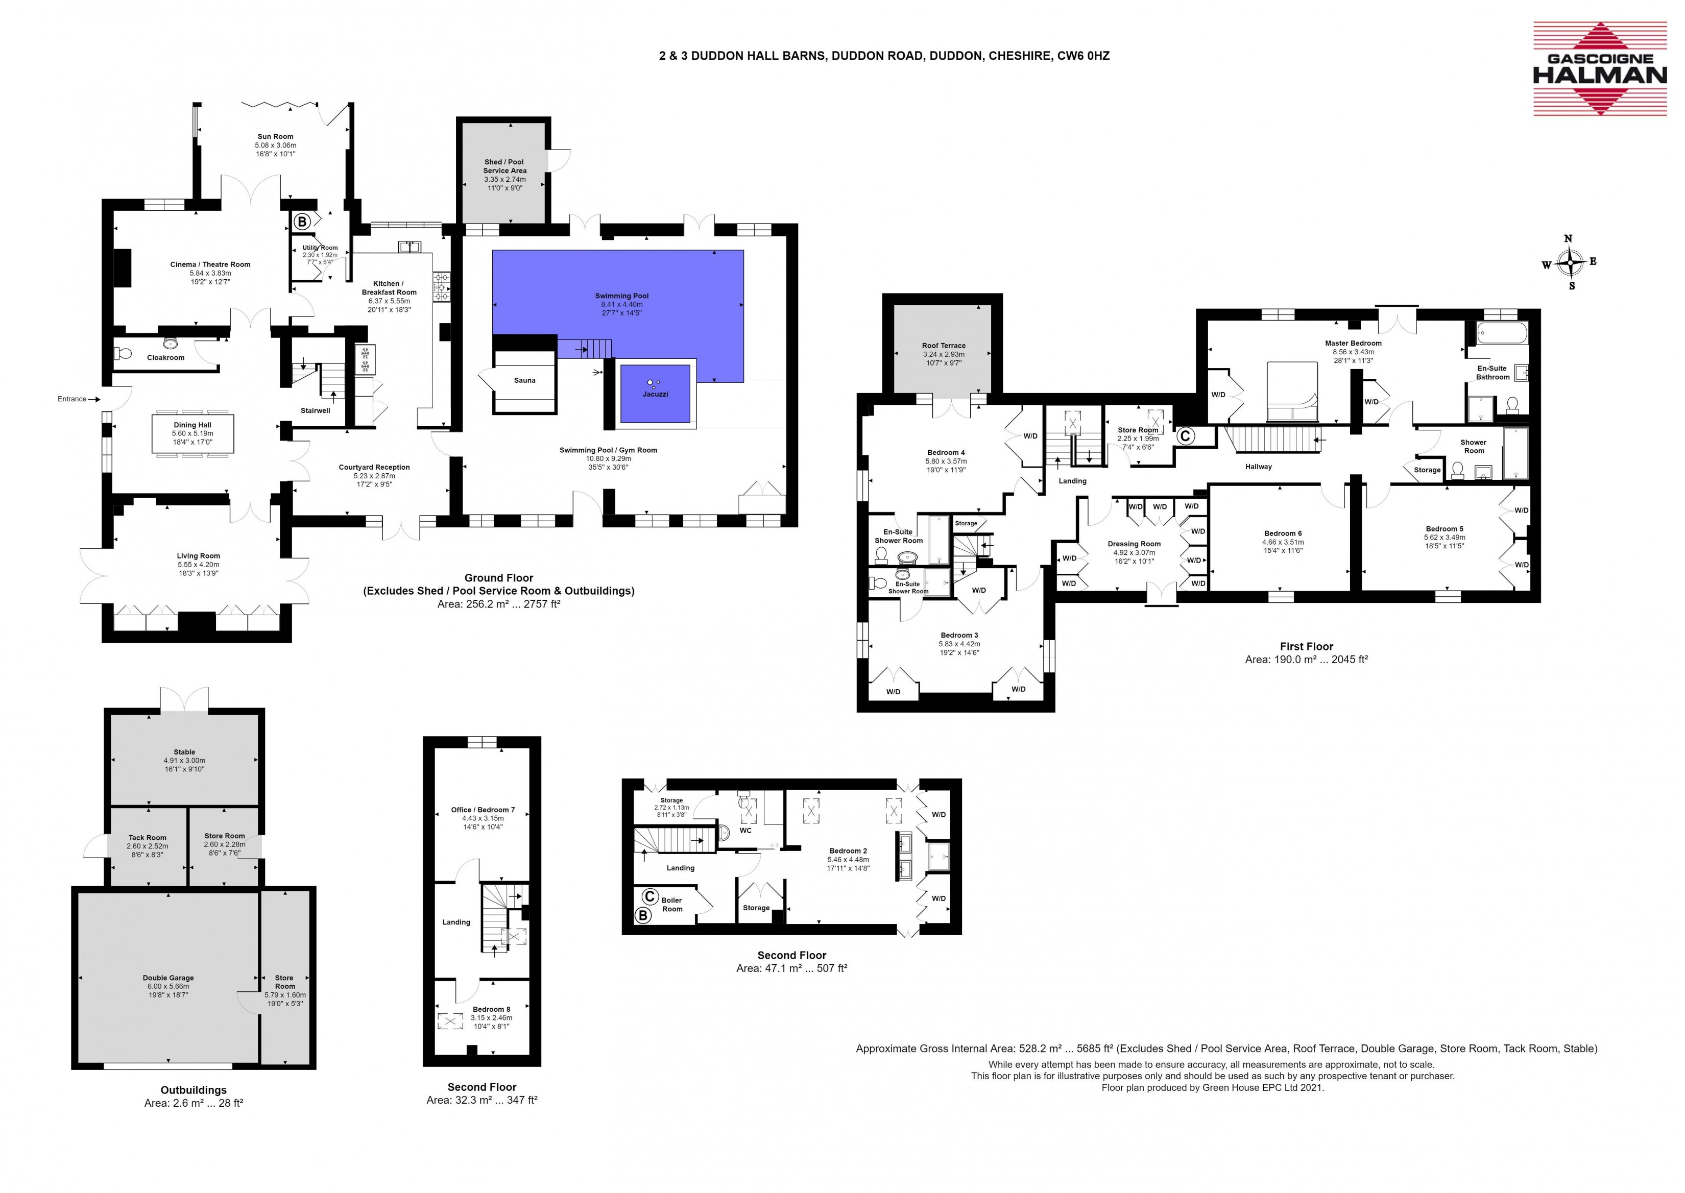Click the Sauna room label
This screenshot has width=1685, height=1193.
tap(525, 380)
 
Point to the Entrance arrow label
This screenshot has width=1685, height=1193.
tap(72, 399)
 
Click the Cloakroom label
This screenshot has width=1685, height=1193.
tap(165, 358)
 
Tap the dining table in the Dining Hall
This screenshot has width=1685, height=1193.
tap(192, 435)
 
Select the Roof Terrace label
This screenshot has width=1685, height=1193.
tap(944, 345)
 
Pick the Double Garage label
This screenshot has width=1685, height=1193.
tap(168, 978)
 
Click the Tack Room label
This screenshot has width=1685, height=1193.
tap(147, 838)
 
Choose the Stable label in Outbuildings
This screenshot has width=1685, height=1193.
tap(184, 751)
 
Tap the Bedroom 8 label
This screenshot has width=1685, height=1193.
tap(492, 1009)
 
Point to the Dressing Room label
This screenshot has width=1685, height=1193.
tap(1134, 544)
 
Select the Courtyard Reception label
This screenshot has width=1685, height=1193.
tap(374, 467)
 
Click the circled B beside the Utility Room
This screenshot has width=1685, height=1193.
tap(301, 221)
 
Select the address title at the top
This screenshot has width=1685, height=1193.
tap(884, 56)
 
